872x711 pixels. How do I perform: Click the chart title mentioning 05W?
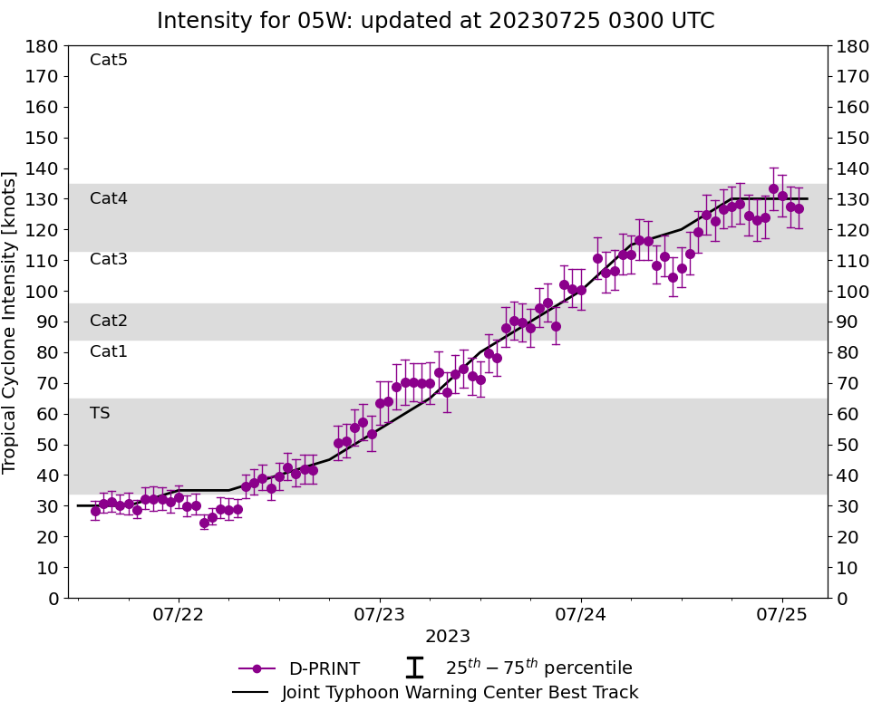pos(435,20)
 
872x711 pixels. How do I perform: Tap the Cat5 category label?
pos(109,61)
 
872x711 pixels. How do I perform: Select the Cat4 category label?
pos(109,198)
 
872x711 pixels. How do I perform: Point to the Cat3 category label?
pos(109,260)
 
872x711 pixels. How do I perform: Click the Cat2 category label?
pos(109,321)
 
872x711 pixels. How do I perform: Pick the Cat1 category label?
pos(109,351)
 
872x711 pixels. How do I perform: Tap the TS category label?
pos(100,413)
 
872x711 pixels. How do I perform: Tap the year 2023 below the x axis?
pos(448,637)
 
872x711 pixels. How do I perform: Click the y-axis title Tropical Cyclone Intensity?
pos(10,322)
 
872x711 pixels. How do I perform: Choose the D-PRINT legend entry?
pos(324,669)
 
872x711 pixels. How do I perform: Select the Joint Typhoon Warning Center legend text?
pos(460,693)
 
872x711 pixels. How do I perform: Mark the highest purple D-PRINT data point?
pos(773,189)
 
